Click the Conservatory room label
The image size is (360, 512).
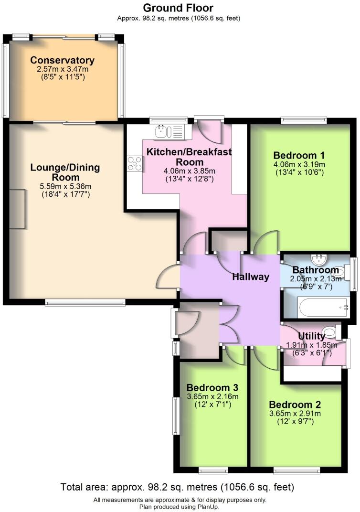coord(62,61)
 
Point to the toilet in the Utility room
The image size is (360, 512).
coord(329,330)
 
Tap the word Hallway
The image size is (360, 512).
coord(251,277)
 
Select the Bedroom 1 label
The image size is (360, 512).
coord(299,155)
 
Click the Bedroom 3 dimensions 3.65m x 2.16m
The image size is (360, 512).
coord(212,396)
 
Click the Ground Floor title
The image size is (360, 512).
coord(178,8)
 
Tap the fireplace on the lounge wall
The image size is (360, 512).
coord(19,209)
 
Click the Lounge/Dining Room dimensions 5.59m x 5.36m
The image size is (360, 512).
coord(65,186)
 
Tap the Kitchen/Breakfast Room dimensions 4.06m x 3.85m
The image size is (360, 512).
coord(189,171)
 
